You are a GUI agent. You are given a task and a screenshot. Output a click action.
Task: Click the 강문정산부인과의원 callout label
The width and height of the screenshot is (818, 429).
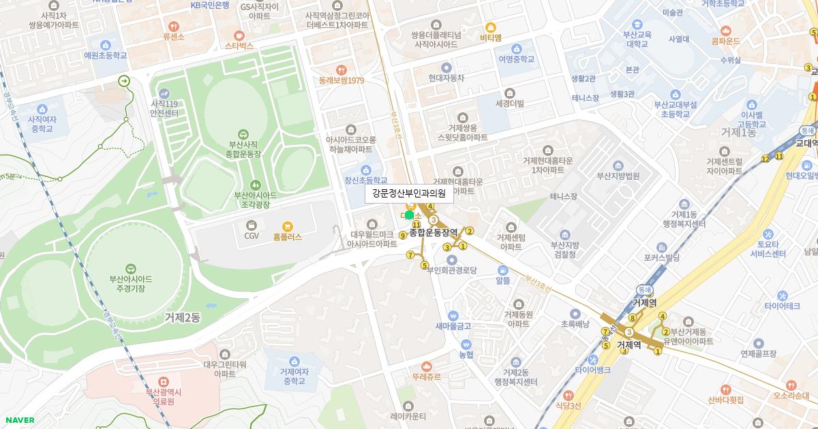pos(409,193)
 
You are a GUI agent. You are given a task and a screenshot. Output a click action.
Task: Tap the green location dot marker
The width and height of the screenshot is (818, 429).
pos(409,215)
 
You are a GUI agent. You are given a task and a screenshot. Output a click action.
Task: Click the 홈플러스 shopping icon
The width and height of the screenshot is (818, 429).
pos(288,226)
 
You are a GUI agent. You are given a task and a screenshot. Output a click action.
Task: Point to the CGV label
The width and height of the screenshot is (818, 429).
pos(252,236)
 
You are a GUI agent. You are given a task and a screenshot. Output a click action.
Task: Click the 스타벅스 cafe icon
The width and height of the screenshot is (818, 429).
pos(239,35)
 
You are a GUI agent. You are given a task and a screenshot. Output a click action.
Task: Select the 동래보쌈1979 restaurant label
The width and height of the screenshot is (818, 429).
pos(341,80)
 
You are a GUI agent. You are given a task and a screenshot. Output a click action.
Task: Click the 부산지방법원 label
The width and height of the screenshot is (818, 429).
pos(618,175)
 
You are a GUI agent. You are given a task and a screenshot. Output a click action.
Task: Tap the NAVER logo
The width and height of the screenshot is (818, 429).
pos(18,420)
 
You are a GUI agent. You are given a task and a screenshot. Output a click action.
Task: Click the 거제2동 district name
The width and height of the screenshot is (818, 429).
pos(182,317)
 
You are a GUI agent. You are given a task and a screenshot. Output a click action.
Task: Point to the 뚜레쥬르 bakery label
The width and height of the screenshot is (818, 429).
pos(426,377)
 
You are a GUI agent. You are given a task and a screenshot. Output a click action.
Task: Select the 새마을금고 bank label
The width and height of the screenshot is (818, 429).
pos(453,325)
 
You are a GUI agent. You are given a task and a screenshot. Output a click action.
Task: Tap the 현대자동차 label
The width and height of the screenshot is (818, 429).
pos(446,78)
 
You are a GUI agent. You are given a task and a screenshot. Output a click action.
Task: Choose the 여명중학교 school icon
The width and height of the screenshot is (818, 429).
pos(516,48)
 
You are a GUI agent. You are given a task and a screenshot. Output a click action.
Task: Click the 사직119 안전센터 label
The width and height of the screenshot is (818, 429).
pos(164,108)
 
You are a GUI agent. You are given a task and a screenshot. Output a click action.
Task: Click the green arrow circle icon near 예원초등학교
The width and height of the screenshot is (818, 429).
pos(124,81)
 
